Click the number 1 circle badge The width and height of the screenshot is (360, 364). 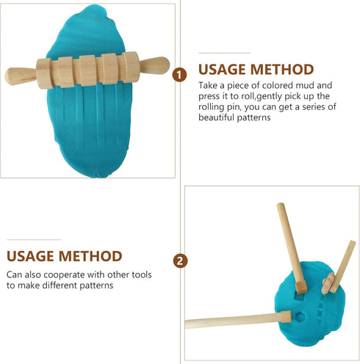(x=179, y=75)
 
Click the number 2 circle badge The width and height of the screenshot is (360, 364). (x=180, y=261)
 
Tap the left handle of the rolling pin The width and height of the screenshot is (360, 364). (x=21, y=76)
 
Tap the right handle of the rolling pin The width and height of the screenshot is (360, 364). (x=154, y=65)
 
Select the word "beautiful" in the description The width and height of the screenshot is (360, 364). (x=216, y=117)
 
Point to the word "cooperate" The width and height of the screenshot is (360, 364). (x=65, y=275)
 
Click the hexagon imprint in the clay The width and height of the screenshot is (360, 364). (x=300, y=317)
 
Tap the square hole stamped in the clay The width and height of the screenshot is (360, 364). (x=300, y=297)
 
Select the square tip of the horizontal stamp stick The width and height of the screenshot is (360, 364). (x=286, y=316)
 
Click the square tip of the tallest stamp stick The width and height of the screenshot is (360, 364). (x=301, y=287)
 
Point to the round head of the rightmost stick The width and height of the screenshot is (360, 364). (x=328, y=283)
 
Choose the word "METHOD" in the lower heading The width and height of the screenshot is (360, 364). (x=90, y=256)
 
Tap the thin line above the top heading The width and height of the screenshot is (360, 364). (x=224, y=53)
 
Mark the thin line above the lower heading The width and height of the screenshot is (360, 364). (x=34, y=240)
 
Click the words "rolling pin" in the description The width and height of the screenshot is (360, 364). (x=218, y=107)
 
